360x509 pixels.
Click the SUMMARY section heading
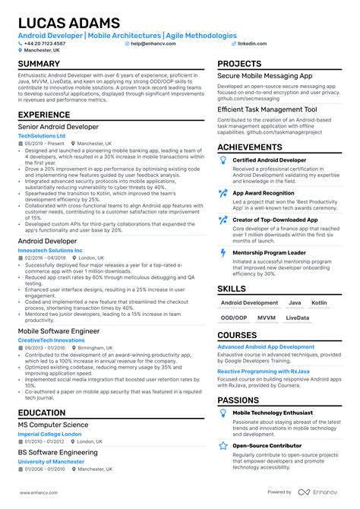point(39,65)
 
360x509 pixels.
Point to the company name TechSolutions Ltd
point(42,136)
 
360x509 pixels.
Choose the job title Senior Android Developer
point(58,127)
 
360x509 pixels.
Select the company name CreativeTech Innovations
point(52,340)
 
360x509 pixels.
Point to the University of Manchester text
point(51,461)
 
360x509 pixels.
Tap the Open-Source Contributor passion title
point(269,446)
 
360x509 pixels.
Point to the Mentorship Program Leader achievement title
point(269,251)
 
